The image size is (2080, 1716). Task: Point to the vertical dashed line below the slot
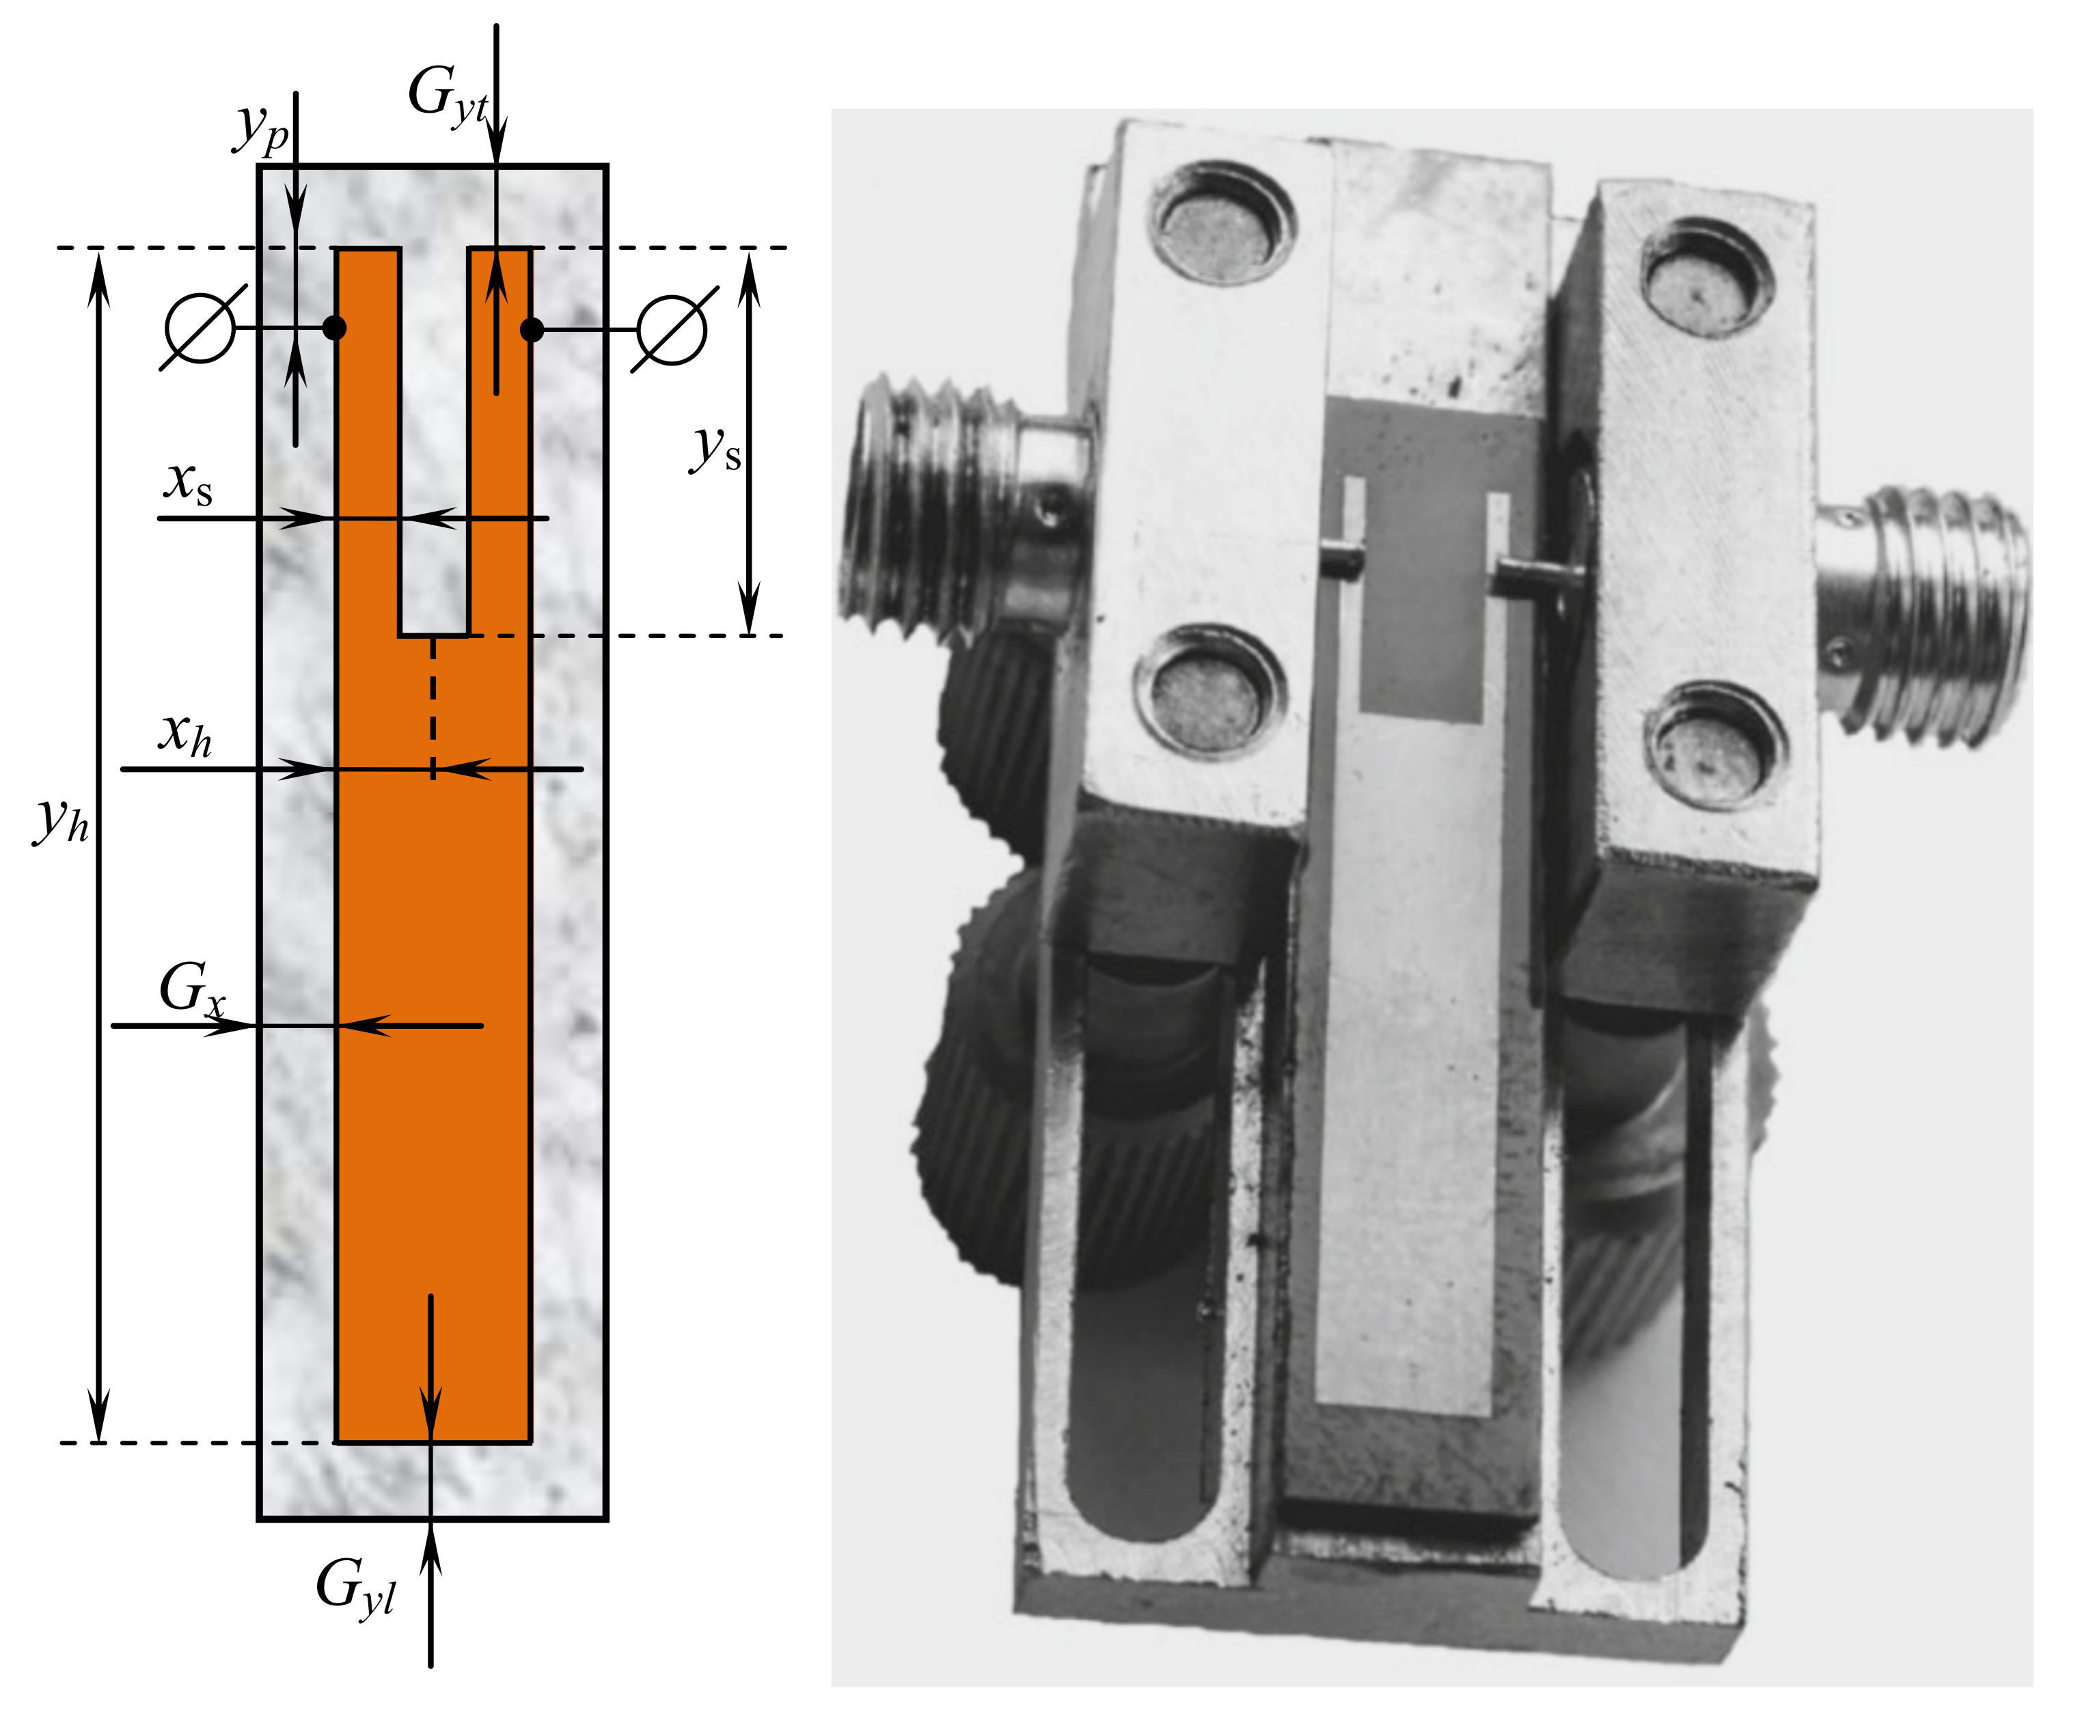pyautogui.click(x=433, y=707)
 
